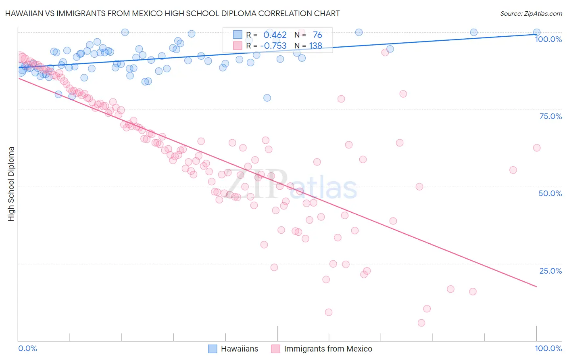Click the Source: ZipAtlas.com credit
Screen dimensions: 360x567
click(x=531, y=13)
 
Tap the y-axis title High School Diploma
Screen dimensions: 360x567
click(x=11, y=184)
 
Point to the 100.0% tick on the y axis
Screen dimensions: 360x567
click(x=548, y=39)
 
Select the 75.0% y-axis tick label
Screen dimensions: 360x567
click(x=550, y=116)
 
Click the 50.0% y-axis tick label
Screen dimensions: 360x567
click(x=550, y=193)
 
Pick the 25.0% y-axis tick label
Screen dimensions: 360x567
click(x=550, y=271)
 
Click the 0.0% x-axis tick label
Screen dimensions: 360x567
click(x=27, y=348)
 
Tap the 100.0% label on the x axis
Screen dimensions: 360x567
click(x=548, y=348)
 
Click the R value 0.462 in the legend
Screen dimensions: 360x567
click(x=275, y=35)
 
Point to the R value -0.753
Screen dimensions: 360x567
click(x=273, y=46)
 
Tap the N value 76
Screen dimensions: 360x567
click(x=317, y=35)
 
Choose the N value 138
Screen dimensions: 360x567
click(x=315, y=46)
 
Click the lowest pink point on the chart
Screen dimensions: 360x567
click(x=421, y=323)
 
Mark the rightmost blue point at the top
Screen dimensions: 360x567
click(x=537, y=32)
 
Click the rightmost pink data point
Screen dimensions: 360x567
click(x=537, y=148)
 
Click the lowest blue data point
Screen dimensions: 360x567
click(x=267, y=98)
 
